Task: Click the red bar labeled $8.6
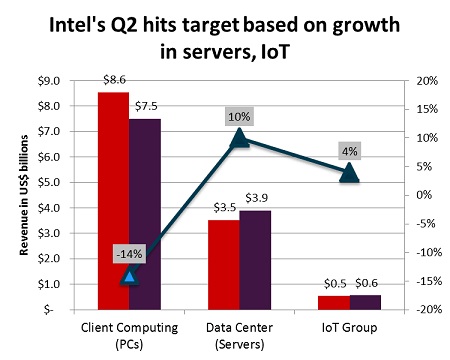pyautogui.click(x=113, y=200)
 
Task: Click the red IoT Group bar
pyautogui.click(x=333, y=303)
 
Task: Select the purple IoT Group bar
pyautogui.click(x=365, y=302)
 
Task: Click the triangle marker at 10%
pyautogui.click(x=240, y=138)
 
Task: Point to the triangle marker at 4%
pyautogui.click(x=349, y=172)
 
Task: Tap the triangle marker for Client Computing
pyautogui.click(x=129, y=275)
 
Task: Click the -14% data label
pyautogui.click(x=129, y=254)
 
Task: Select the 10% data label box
pyautogui.click(x=239, y=117)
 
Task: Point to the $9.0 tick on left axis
pyautogui.click(x=48, y=81)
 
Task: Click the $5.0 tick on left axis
pyautogui.click(x=48, y=182)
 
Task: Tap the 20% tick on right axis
pyautogui.click(x=423, y=81)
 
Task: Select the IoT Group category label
pyautogui.click(x=349, y=328)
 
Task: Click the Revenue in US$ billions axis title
pyautogui.click(x=21, y=195)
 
